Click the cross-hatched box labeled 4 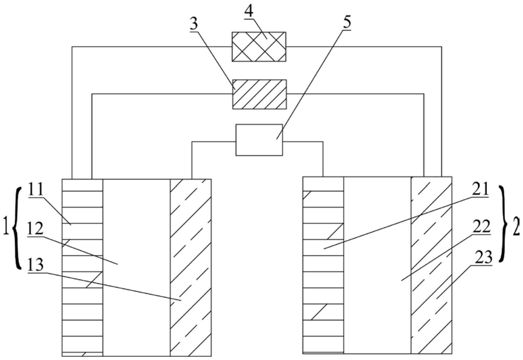(259, 46)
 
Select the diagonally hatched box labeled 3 (259, 93)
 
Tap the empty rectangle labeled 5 (259, 140)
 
